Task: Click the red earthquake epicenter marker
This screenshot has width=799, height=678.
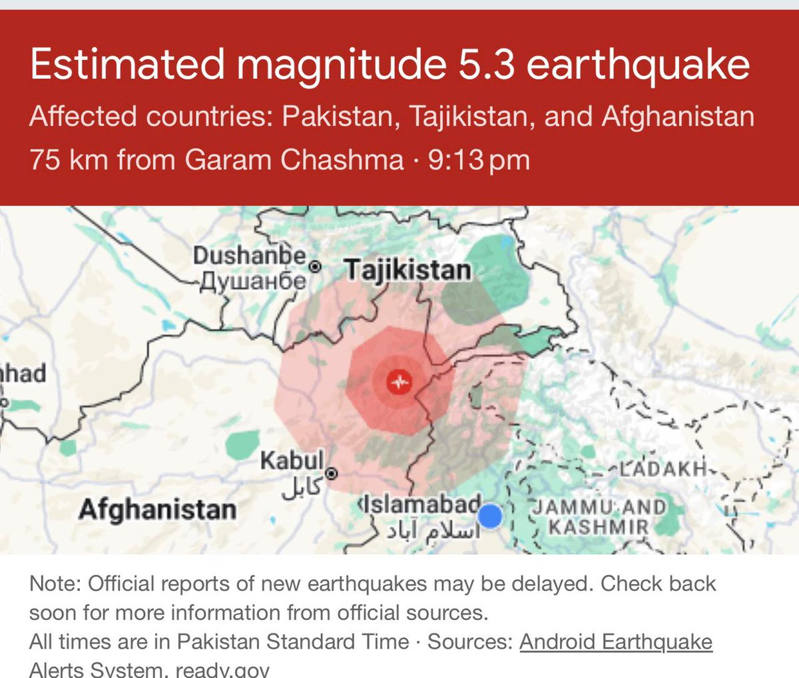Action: click(x=400, y=382)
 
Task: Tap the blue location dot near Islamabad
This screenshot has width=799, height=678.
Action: click(x=490, y=516)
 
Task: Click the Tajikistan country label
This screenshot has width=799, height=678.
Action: click(x=407, y=270)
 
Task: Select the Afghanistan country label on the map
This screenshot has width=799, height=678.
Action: click(x=157, y=509)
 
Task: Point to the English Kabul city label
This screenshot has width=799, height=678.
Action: click(x=292, y=460)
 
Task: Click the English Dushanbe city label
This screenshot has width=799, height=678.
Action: click(x=250, y=256)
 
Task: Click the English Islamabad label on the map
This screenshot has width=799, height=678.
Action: click(x=421, y=503)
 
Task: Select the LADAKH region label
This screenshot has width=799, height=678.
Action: click(x=662, y=468)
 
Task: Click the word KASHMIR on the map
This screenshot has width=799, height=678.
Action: click(x=598, y=527)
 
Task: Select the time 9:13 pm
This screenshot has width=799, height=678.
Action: click(x=479, y=160)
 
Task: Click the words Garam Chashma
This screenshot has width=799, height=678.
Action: click(x=294, y=160)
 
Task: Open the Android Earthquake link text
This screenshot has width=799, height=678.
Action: click(x=616, y=641)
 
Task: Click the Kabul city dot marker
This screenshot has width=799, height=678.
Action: click(x=332, y=474)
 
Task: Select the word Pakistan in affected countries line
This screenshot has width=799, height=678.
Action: click(x=337, y=117)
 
